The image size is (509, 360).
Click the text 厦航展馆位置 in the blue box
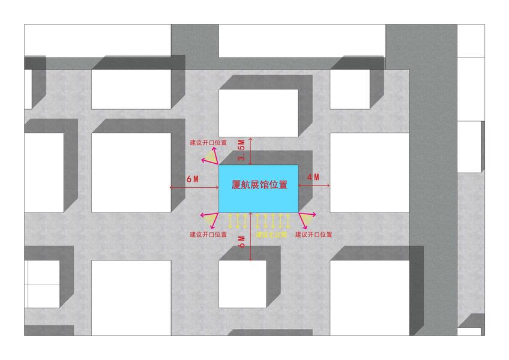tap(259, 185)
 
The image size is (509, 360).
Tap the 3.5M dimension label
tap(242, 151)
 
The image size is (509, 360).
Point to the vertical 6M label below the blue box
tap(242, 241)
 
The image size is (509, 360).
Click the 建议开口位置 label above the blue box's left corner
tap(208, 143)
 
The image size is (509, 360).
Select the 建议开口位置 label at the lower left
tap(208, 234)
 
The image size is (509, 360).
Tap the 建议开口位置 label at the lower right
tap(314, 235)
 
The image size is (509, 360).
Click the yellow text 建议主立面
tap(272, 235)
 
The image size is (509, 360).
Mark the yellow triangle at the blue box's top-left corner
tap(209, 158)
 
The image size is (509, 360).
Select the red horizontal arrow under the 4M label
tap(314, 187)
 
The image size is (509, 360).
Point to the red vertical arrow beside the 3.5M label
tap(251, 151)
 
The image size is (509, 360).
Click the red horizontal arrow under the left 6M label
tap(194, 187)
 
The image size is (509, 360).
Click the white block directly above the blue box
tap(258, 113)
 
